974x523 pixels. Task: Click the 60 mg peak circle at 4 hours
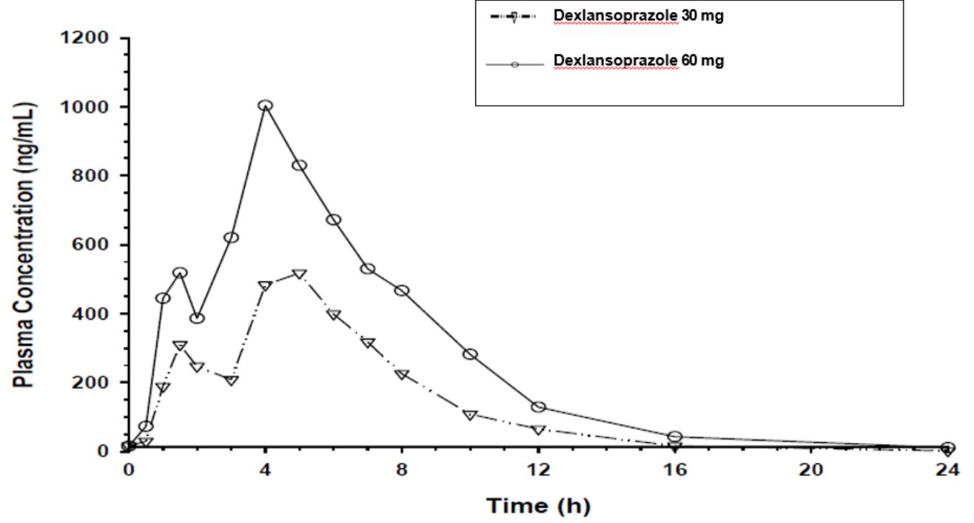265,106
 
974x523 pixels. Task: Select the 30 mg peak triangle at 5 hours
299,274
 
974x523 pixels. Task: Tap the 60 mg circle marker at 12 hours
538,408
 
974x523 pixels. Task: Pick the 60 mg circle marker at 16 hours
674,437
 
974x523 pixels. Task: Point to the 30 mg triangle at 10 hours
470,414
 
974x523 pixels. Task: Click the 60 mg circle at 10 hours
470,354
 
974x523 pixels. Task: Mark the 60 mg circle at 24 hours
947,448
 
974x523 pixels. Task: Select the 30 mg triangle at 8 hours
402,374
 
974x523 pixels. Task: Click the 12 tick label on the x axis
538,470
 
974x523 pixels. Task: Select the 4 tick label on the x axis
265,470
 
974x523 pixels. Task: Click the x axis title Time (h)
538,507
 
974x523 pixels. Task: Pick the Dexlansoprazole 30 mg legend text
638,16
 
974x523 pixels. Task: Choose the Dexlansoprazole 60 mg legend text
638,60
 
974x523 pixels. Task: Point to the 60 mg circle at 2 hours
197,318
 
